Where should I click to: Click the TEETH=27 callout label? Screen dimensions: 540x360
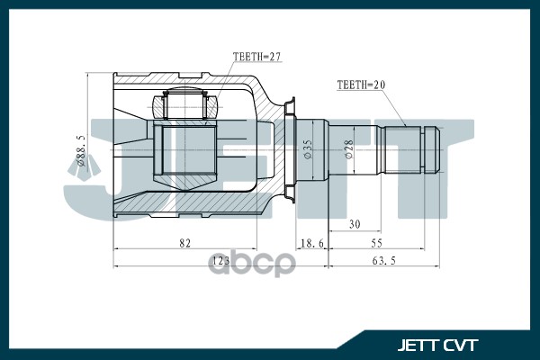click(256, 57)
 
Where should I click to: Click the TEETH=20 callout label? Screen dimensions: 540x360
click(361, 85)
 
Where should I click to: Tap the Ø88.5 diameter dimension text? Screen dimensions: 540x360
click(81, 150)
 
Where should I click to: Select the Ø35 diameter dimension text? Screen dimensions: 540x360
click(308, 148)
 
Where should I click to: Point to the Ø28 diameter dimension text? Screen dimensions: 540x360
click(348, 149)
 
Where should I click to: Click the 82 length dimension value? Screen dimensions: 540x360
click(184, 243)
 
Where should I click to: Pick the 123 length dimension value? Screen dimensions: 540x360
click(220, 260)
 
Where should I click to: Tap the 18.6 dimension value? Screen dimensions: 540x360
click(312, 243)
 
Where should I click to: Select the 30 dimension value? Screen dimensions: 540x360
click(355, 224)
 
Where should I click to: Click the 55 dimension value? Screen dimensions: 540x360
click(376, 243)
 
